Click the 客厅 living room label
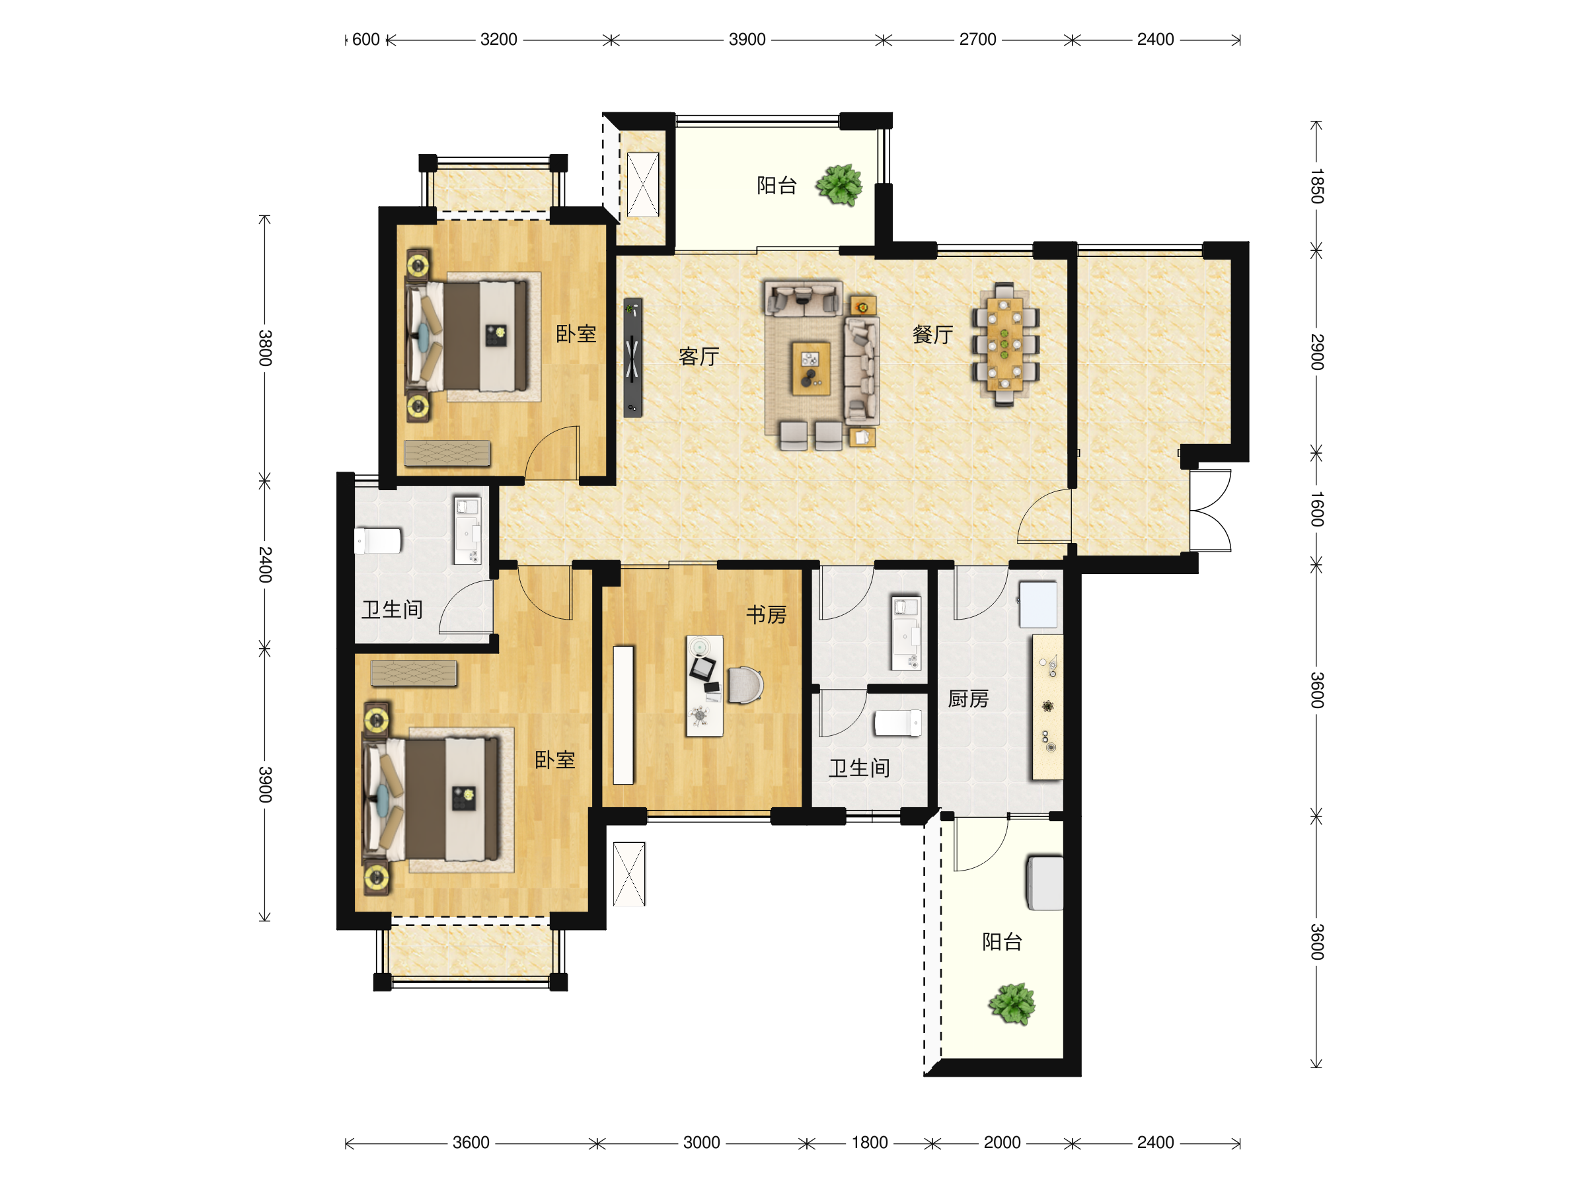point(699,356)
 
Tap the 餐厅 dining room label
point(932,334)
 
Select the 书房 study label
point(766,614)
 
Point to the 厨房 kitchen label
point(968,699)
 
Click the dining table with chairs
point(1004,345)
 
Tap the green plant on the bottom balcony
point(1012,1003)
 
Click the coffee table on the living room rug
point(811,369)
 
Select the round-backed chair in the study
point(745,685)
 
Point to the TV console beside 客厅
point(632,357)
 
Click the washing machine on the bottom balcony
point(1045,883)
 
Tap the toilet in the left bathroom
point(378,541)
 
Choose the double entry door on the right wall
point(1210,511)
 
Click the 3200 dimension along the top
point(498,40)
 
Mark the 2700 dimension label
point(977,40)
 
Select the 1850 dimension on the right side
point(1316,186)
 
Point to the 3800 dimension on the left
point(264,347)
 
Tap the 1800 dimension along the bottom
point(869,1142)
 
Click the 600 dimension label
point(365,40)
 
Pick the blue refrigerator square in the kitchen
point(1038,604)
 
